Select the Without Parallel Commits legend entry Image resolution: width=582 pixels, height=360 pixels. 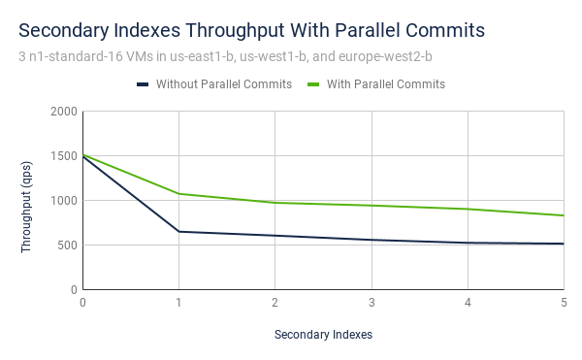tap(223, 84)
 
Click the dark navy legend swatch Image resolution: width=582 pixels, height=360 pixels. tap(143, 84)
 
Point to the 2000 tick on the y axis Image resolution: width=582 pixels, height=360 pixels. tap(62, 112)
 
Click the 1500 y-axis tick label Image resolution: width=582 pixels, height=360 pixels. tap(62, 156)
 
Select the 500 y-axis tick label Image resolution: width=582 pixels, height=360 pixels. tap(66, 245)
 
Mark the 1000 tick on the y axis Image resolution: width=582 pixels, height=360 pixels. tap(62, 201)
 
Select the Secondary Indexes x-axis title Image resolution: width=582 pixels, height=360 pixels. tap(323, 335)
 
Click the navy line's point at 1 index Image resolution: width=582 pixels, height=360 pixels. tap(178, 232)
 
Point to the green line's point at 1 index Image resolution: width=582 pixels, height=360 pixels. tap(178, 194)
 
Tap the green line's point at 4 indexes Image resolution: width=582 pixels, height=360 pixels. tap(468, 209)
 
